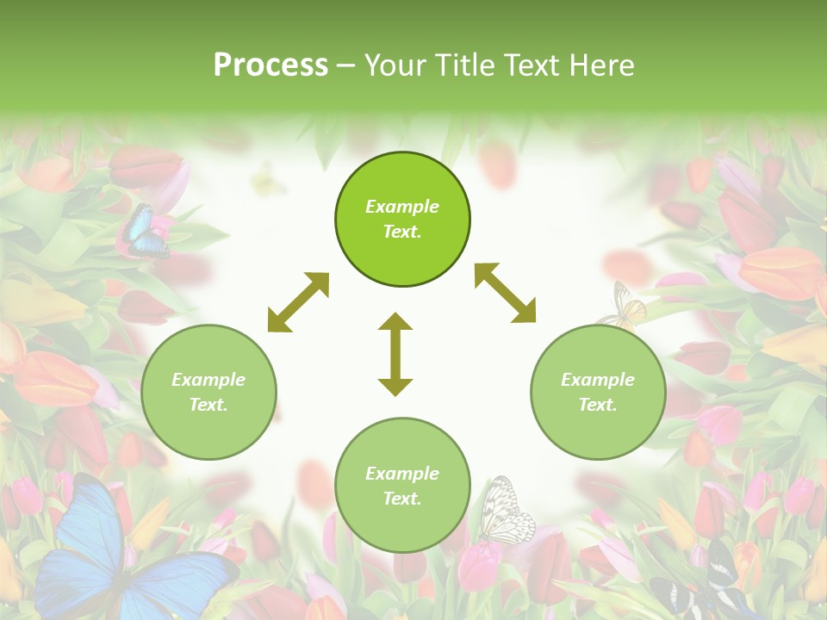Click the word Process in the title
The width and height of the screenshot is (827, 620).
point(270,65)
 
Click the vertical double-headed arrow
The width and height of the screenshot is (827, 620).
point(395,354)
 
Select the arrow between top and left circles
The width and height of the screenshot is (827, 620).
point(298,302)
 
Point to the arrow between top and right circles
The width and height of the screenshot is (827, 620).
point(505,293)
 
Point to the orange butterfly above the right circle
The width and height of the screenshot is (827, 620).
point(625,306)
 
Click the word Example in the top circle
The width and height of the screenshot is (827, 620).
point(402,207)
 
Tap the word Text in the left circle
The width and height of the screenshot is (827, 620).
point(208,405)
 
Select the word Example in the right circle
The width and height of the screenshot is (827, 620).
point(598,380)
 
